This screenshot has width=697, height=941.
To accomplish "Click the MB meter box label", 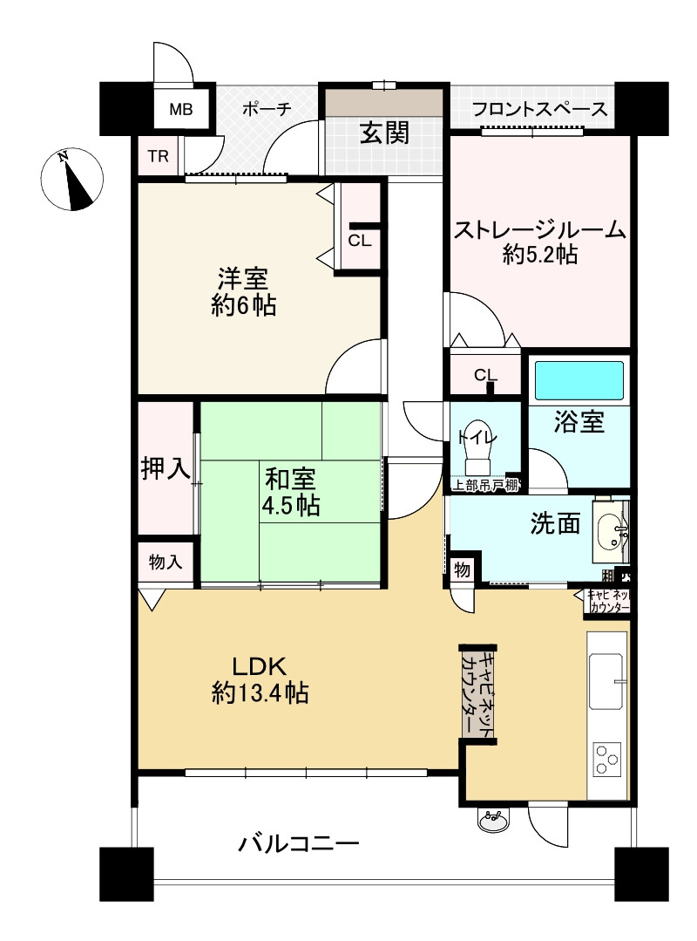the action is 180,109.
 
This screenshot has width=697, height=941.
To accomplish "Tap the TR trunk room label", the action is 159,157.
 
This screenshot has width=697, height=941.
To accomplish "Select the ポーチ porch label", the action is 267,109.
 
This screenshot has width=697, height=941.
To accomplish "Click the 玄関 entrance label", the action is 385,133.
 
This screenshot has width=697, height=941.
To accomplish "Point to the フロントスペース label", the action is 539,109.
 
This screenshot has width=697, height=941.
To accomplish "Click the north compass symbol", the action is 72,179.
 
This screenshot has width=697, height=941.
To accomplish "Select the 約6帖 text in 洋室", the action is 243,306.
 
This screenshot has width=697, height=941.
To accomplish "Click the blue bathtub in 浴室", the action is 579,380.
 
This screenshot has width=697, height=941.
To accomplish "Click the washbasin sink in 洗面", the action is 611,530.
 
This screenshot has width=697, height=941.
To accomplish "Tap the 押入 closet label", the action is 165,467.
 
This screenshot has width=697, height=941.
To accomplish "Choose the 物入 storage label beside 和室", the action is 166,563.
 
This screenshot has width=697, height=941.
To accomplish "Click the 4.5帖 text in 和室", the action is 290,505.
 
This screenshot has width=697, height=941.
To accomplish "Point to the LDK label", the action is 260,666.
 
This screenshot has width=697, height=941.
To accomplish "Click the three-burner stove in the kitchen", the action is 606,759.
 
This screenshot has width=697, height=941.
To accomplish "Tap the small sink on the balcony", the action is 493,819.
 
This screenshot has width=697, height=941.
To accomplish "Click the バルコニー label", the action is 299,844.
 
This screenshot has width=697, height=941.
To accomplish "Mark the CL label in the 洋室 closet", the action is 360,241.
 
